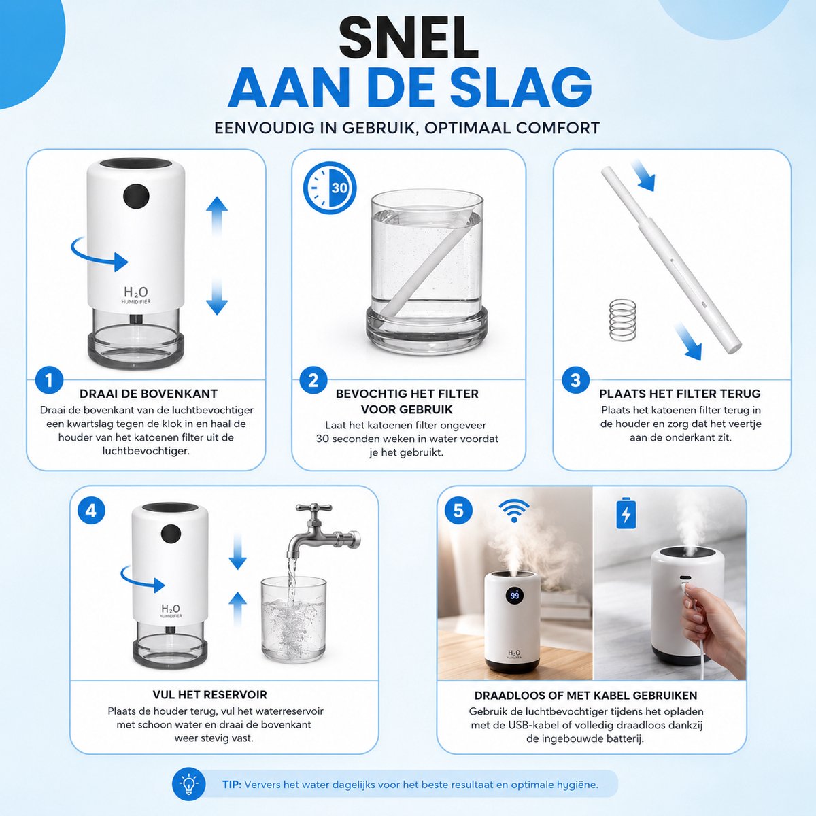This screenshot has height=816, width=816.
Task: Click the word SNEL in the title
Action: tap(408, 39)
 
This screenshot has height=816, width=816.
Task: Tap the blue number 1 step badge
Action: tap(49, 380)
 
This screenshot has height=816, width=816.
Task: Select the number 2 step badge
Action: tap(313, 380)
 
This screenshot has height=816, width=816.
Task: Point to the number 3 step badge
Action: tap(575, 380)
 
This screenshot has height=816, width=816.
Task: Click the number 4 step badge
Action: tap(92, 511)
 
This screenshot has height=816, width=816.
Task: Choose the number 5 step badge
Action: tap(458, 510)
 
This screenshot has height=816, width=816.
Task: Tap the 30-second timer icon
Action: tap(330, 187)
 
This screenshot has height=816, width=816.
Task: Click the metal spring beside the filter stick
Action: tap(623, 320)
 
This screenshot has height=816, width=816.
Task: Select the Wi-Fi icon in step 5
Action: tap(514, 510)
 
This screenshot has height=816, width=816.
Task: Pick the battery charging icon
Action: tap(626, 513)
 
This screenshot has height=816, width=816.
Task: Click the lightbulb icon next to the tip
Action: tap(188, 785)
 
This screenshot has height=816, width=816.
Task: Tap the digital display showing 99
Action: tap(515, 596)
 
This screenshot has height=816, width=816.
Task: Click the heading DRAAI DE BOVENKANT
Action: tap(148, 394)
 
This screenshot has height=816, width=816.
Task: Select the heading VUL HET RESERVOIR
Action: tap(210, 695)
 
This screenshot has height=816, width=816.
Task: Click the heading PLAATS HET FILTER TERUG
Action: tap(679, 394)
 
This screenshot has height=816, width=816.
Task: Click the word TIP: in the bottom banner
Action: tap(232, 785)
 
